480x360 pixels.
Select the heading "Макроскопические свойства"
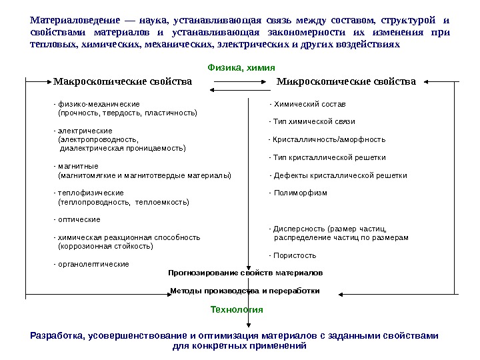click(122, 82)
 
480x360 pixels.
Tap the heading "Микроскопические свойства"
click(345, 82)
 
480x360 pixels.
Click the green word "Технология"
click(237, 310)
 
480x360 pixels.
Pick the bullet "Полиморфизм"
click(298, 193)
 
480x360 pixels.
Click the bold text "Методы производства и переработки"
click(245, 291)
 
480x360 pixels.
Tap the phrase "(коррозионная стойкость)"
click(105, 246)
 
